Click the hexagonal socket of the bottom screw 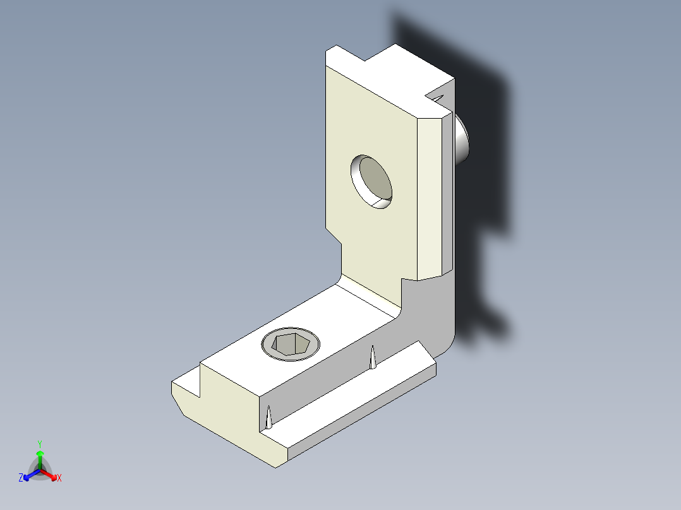click(290, 346)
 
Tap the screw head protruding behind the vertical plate click(462, 141)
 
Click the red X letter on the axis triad click(59, 478)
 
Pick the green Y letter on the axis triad click(39, 444)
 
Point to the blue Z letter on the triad click(21, 478)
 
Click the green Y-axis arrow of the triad click(39, 457)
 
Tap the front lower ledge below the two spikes click(360, 404)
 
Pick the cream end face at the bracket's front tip click(227, 429)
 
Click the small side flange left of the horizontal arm click(184, 388)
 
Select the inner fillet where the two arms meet click(370, 297)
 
